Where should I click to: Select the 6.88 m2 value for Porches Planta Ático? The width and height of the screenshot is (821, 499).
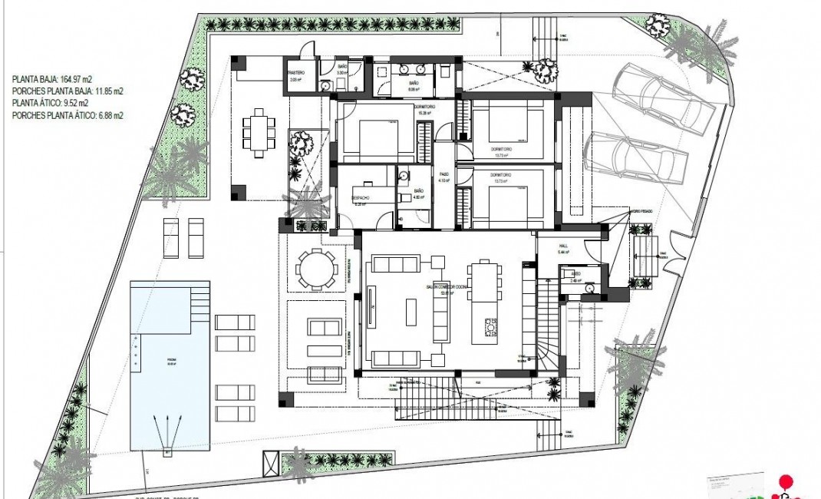coord(107,115)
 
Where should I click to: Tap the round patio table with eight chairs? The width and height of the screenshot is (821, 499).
coord(316,269)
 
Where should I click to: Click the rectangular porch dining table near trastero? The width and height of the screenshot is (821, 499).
coord(257,131)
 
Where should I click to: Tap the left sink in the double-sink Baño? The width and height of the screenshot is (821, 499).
coord(404,70)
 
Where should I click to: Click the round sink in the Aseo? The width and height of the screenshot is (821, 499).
coord(589,289)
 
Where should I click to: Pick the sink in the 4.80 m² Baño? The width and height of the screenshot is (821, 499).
coord(404,176)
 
